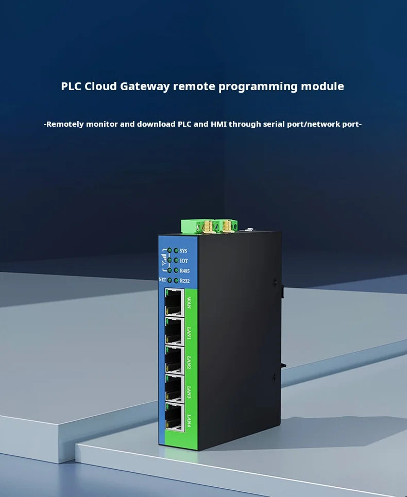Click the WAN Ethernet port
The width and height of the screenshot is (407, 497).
click(174, 302)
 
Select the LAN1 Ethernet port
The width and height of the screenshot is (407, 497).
click(174, 330)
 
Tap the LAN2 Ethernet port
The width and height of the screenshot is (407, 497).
click(174, 359)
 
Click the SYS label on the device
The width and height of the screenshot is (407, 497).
click(184, 251)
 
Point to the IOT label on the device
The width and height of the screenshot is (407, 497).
click(184, 261)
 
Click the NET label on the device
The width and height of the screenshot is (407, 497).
click(162, 280)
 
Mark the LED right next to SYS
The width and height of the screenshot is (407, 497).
click(176, 251)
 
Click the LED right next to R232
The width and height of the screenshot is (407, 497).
click(176, 280)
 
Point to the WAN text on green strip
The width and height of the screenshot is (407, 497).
click(189, 301)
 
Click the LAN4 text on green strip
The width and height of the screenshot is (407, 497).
click(189, 420)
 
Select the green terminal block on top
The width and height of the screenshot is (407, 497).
click(209, 226)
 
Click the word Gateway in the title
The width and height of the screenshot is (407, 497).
click(145, 86)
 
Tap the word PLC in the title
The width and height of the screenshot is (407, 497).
click(71, 86)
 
